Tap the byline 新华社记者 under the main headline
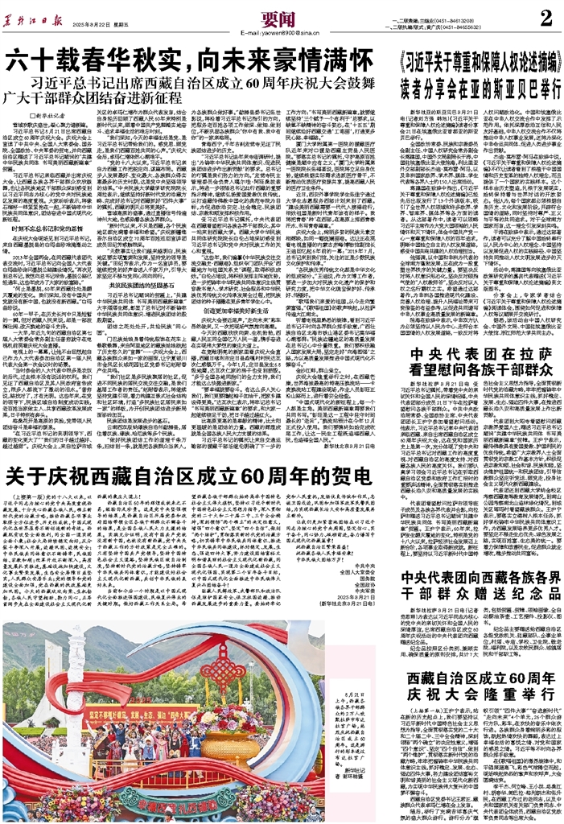tap(43, 117)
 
